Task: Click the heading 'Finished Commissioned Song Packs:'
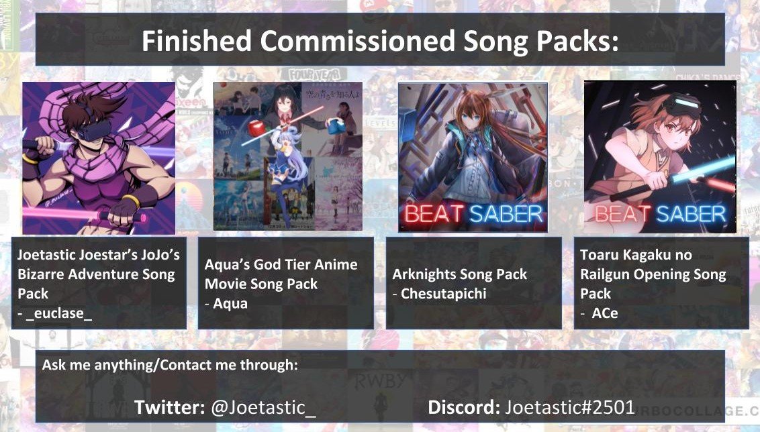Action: click(379, 42)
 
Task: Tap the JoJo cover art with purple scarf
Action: click(99, 158)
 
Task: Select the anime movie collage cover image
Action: click(287, 156)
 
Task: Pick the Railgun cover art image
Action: click(660, 156)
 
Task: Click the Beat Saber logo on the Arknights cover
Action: click(473, 214)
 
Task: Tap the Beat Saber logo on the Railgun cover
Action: click(660, 214)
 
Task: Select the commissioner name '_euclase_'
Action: click(59, 313)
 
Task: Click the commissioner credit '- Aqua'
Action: click(226, 303)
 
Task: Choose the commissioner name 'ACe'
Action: click(604, 313)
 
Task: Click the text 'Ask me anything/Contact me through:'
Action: click(170, 366)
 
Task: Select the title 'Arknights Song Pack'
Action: click(460, 274)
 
